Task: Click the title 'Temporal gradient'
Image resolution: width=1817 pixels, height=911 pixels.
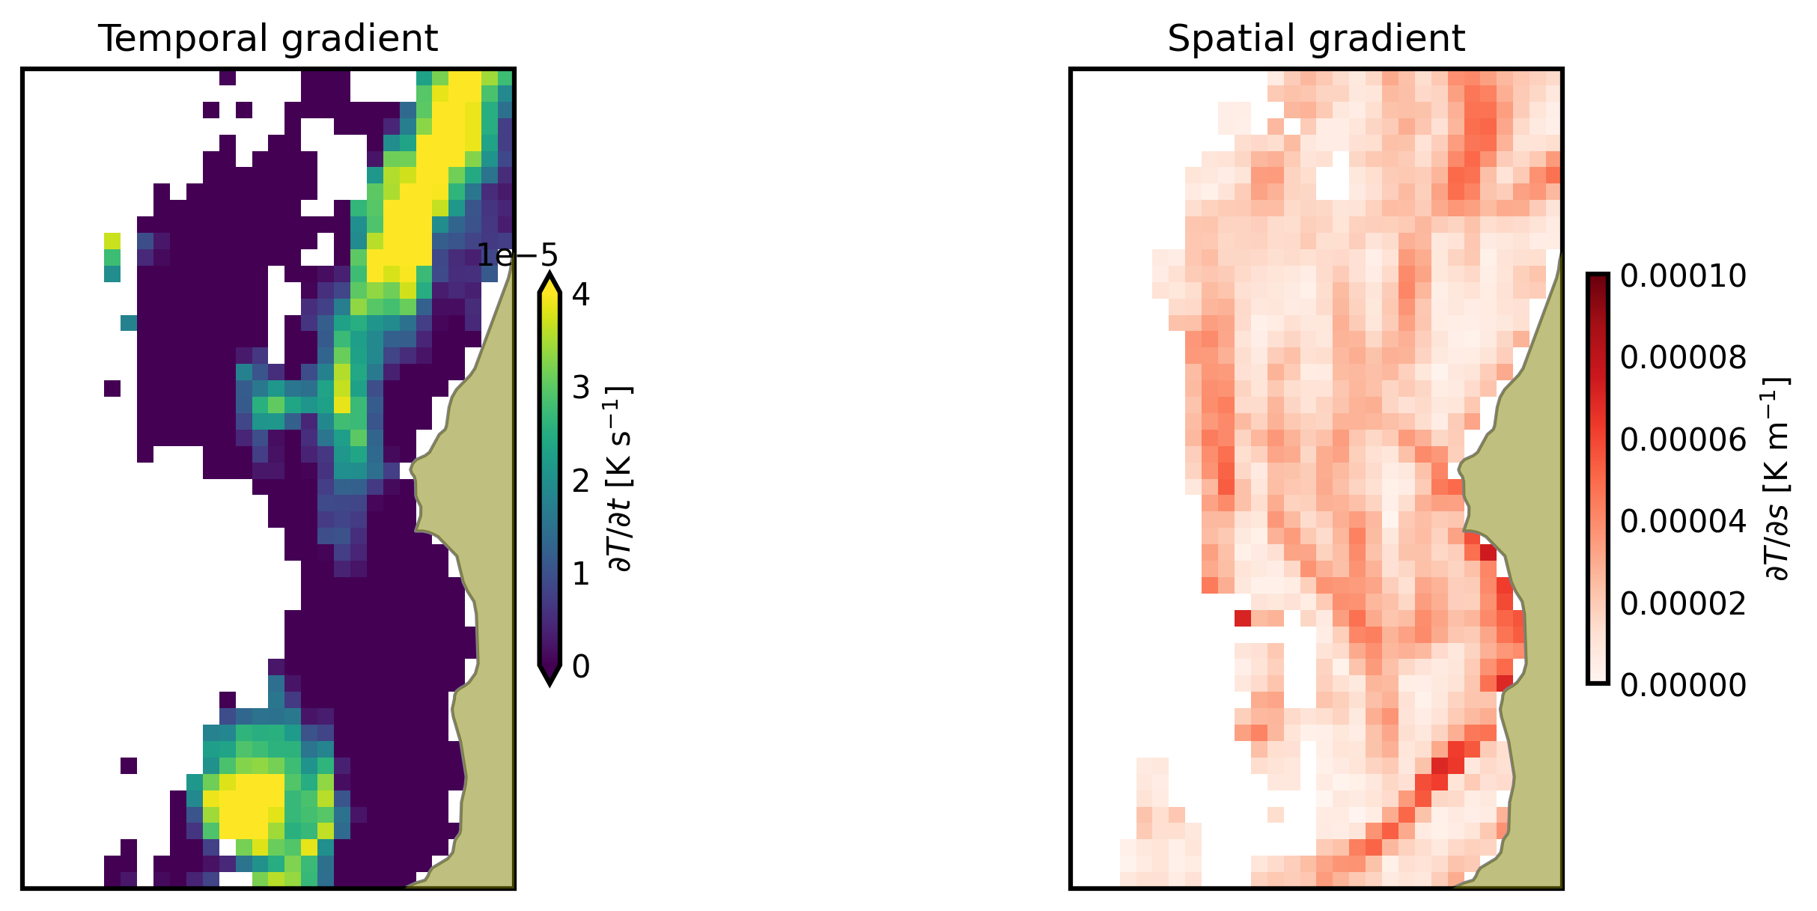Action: (x=268, y=39)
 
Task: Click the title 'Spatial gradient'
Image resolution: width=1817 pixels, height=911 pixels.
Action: (x=1315, y=39)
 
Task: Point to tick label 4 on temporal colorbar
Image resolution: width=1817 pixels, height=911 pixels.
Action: (x=580, y=295)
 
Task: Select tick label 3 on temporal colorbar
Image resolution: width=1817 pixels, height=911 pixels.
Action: (x=580, y=388)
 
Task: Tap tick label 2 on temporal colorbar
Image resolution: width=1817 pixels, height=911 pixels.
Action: (x=580, y=481)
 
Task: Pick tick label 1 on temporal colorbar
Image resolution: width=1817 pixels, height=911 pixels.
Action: (x=580, y=573)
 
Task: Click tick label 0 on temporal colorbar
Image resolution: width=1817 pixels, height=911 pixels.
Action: (x=580, y=666)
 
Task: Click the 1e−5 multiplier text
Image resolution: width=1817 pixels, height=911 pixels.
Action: (x=517, y=256)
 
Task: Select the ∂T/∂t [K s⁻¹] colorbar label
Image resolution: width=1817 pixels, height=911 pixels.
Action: (x=621, y=479)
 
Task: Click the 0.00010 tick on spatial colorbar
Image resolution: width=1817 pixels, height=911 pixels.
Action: (x=1683, y=276)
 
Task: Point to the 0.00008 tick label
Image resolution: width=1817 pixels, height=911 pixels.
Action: (x=1683, y=358)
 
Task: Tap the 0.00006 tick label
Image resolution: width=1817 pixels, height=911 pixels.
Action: (x=1683, y=439)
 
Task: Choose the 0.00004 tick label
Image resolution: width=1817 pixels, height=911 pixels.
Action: (x=1683, y=521)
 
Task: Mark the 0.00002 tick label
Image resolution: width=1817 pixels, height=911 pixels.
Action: (x=1683, y=603)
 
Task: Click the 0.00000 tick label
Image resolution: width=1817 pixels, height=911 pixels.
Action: (x=1683, y=684)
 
